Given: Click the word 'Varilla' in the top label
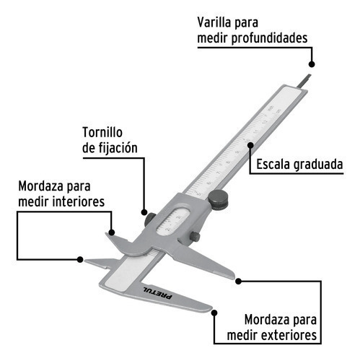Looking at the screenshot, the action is (214, 22).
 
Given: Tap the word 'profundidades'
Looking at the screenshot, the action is (269, 38).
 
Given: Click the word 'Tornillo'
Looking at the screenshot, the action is (102, 132).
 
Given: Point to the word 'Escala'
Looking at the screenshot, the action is (273, 165).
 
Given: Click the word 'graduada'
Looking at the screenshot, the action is (318, 165).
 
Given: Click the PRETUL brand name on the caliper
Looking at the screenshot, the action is (158, 293).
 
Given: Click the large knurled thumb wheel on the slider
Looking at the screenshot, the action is (218, 200).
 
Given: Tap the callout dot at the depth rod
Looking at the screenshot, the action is (312, 64).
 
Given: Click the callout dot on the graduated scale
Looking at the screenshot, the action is (250, 145).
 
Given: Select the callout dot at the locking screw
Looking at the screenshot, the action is (144, 212).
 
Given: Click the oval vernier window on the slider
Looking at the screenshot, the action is (172, 221).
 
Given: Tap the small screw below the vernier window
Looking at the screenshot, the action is (195, 237).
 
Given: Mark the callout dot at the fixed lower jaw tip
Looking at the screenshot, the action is (214, 313).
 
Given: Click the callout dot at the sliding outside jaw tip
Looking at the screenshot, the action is (238, 281).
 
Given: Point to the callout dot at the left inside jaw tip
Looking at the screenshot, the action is (80, 259).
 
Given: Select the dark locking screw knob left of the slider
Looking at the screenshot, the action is (150, 219).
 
